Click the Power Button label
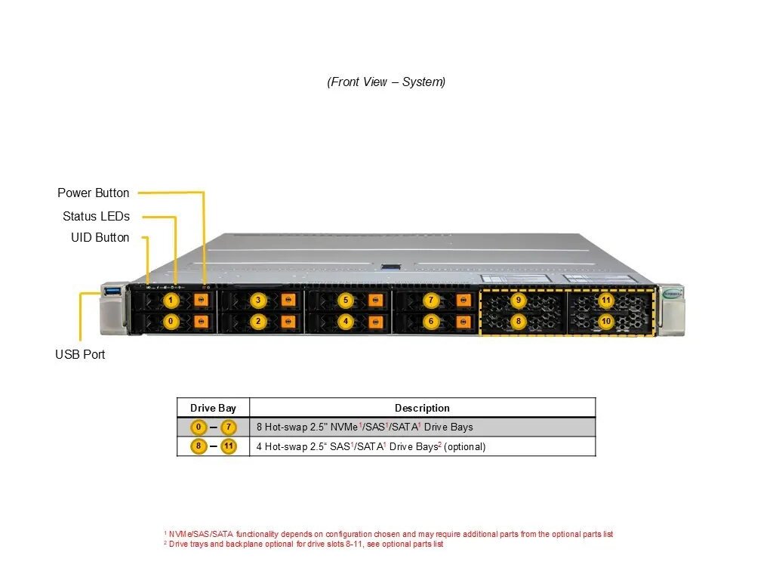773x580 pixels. pos(94,193)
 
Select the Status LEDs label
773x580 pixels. pos(96,217)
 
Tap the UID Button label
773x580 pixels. pos(100,238)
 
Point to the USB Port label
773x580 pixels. pos(80,355)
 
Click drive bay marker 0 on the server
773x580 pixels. pos(171,322)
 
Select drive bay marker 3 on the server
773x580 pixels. pos(258,301)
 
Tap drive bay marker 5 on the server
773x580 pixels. pos(346,301)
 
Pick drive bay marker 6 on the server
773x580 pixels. pos(431,322)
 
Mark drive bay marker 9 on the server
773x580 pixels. pos(519,301)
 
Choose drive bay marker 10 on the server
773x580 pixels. pos(606,322)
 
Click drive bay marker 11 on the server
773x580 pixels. pos(606,301)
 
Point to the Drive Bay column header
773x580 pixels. pos(213,409)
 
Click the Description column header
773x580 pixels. pos(422,409)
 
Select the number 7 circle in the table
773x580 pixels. pos(228,427)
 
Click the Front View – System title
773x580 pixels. pos(386,82)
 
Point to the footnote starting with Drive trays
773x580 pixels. pos(306,545)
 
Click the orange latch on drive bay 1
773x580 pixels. pos(201,301)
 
